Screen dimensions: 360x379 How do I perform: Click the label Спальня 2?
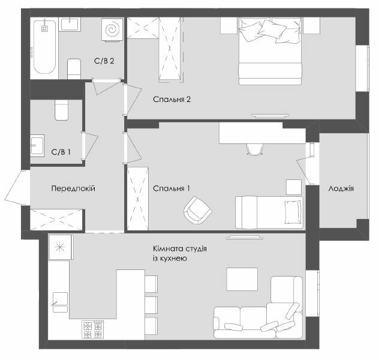[x=171, y=100]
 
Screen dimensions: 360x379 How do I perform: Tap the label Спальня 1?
[x=171, y=188]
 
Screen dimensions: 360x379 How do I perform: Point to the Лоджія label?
[x=341, y=188]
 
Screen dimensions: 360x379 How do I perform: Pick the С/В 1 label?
[x=61, y=152]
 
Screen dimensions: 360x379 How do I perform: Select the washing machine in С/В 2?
[x=111, y=30]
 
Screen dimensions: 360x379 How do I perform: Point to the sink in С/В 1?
[x=38, y=146]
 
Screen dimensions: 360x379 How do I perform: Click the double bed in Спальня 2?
[x=269, y=51]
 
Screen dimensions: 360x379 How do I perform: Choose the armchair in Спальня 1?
[x=197, y=210]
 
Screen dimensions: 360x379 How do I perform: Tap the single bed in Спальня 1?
[x=268, y=212]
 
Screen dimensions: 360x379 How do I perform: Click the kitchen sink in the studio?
[x=59, y=299]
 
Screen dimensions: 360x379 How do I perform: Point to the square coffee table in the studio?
[x=242, y=278]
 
